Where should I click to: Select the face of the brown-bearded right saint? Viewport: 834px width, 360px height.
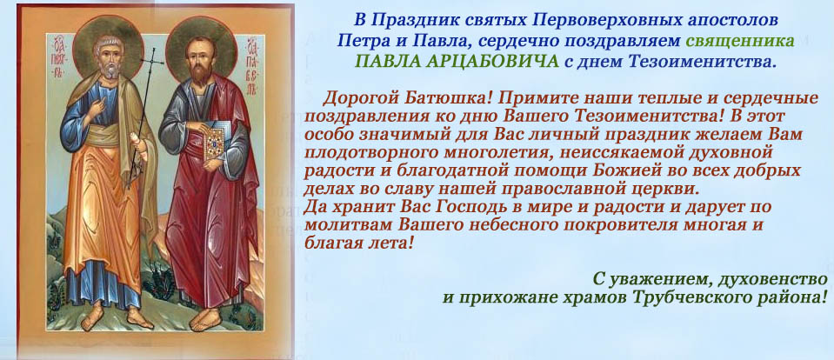tap(199, 61)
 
